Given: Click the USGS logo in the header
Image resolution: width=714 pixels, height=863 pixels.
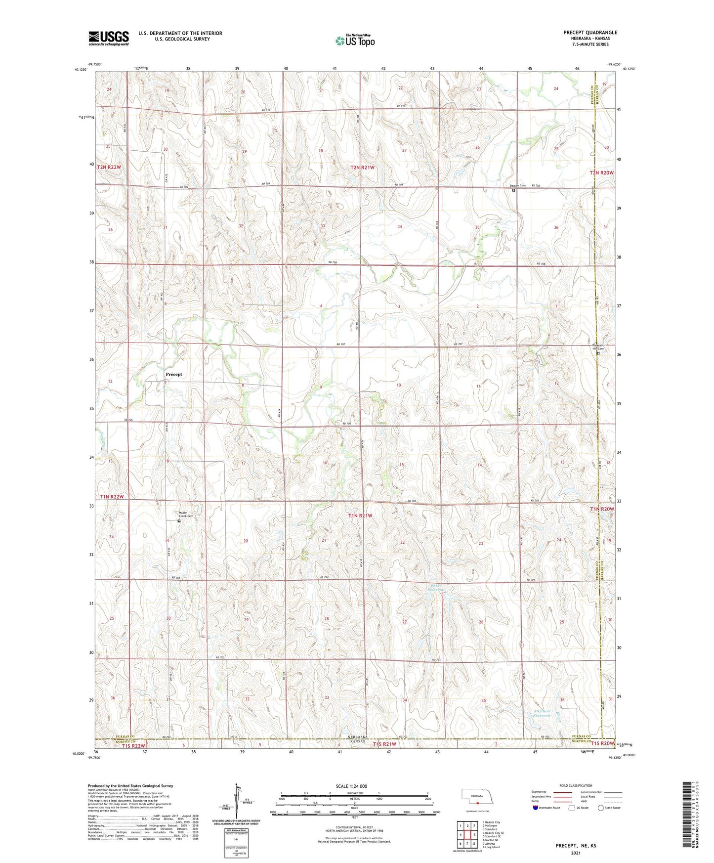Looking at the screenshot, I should [109, 38].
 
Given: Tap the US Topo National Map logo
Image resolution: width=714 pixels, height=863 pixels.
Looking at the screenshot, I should [355, 41].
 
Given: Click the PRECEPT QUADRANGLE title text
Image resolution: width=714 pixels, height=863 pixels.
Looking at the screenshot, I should [590, 33].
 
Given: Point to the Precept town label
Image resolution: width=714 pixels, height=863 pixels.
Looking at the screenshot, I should [174, 374].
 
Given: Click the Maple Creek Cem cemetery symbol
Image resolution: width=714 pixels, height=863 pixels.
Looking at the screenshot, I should [179, 520].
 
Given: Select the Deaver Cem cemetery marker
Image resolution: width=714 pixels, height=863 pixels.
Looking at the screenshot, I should [513, 190].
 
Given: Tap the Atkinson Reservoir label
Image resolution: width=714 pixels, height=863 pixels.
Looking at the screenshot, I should [542, 713].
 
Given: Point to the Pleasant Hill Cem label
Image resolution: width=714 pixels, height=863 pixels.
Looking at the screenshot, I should [598, 347].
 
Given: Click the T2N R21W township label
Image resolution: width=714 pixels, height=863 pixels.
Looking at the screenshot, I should [362, 168].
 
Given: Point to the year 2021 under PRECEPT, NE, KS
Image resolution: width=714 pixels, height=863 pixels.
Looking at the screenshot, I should [576, 853].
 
